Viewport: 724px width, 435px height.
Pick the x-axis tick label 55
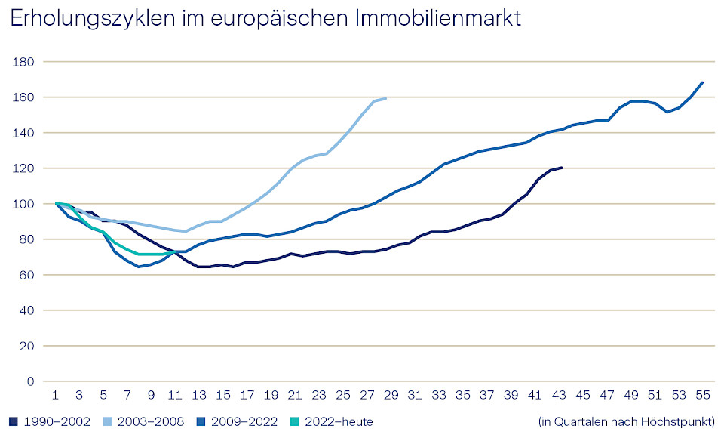[x=702, y=395]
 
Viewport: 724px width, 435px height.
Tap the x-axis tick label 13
[x=199, y=395]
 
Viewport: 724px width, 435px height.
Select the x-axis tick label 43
[x=559, y=395]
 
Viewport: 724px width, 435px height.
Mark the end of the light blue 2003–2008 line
[x=386, y=98]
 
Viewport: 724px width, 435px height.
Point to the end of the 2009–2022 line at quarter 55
[x=702, y=82]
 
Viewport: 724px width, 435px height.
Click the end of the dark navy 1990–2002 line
[x=561, y=168]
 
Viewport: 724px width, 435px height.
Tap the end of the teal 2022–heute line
[x=174, y=251]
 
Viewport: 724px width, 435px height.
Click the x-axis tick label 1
[x=56, y=395]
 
